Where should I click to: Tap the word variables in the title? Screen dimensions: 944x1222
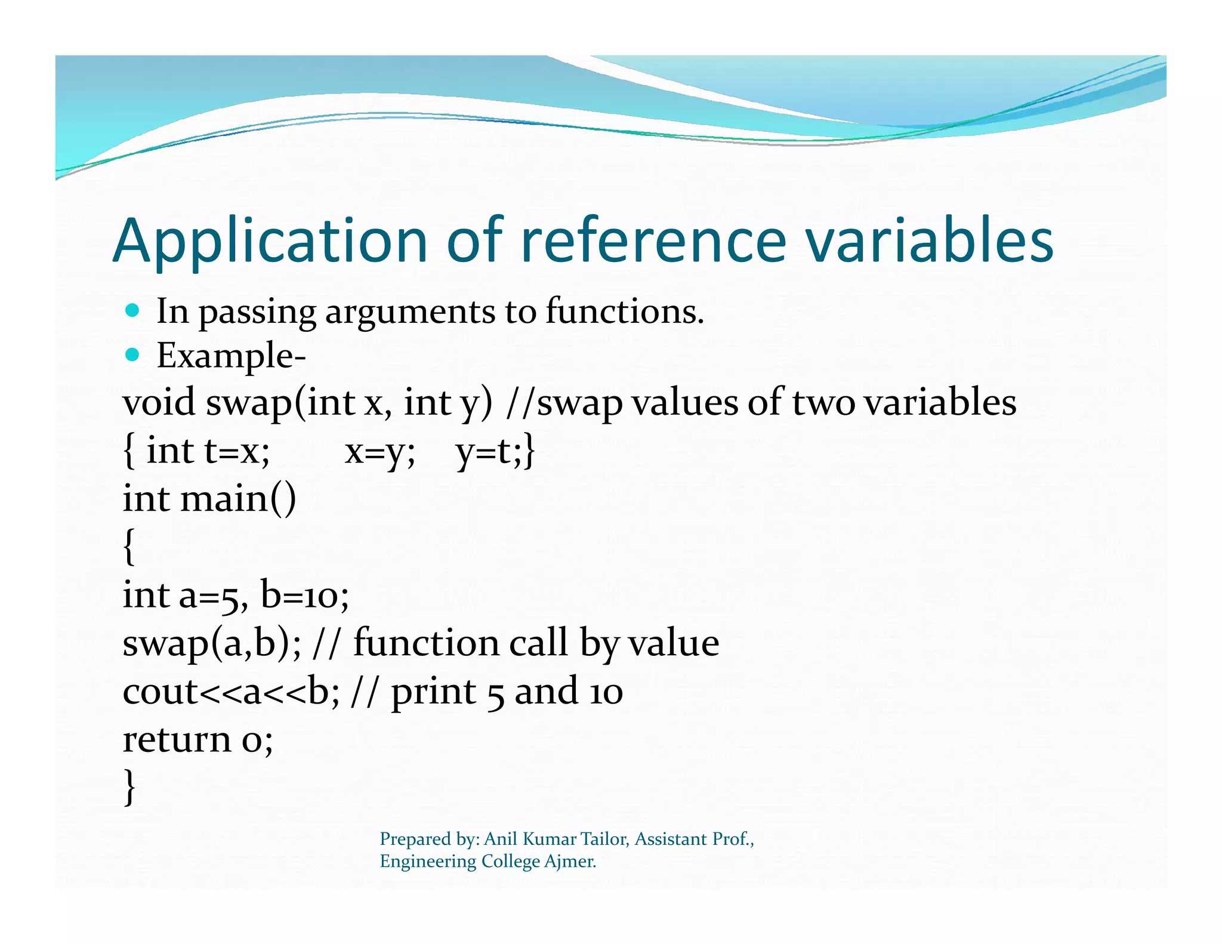(929, 240)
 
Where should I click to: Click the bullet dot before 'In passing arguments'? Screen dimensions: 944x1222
(132, 310)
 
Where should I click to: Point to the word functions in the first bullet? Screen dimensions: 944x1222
(624, 311)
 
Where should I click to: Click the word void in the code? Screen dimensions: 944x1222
(159, 402)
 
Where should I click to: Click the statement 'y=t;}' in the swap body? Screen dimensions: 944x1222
(495, 451)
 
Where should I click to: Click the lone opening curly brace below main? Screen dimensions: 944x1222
(129, 545)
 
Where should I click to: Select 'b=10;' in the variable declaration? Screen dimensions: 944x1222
(304, 596)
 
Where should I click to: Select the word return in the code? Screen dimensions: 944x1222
(176, 739)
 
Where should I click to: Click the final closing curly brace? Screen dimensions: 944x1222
(129, 786)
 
